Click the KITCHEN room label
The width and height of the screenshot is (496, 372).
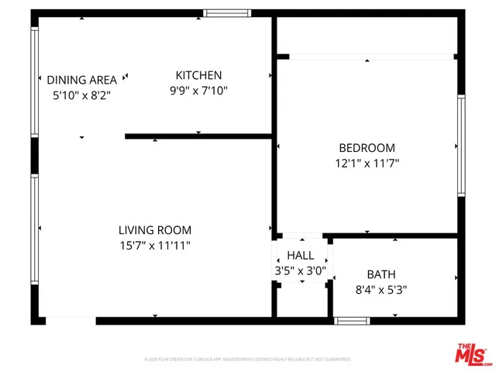point(198,75)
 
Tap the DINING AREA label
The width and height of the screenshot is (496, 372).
point(81,80)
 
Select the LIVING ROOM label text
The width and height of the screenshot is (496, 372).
point(155,230)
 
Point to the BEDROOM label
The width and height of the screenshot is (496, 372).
point(367,148)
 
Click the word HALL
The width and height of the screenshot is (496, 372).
point(301,256)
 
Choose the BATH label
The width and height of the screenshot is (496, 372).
point(381,274)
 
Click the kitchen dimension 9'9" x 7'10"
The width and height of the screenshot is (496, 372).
point(198,91)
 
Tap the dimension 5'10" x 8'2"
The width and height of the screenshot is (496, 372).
point(81,95)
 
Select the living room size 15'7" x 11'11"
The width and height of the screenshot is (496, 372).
point(155,246)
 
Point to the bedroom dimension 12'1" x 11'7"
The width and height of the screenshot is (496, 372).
point(367,164)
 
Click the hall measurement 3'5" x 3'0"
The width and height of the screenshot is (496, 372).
point(301,271)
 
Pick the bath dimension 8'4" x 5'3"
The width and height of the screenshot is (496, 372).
point(381,290)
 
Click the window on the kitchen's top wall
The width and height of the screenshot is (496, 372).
point(228,12)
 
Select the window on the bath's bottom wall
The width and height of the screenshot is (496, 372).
point(352,320)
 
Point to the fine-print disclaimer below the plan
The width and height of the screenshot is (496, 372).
point(248,360)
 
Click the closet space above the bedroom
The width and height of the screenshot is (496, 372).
point(366,35)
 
